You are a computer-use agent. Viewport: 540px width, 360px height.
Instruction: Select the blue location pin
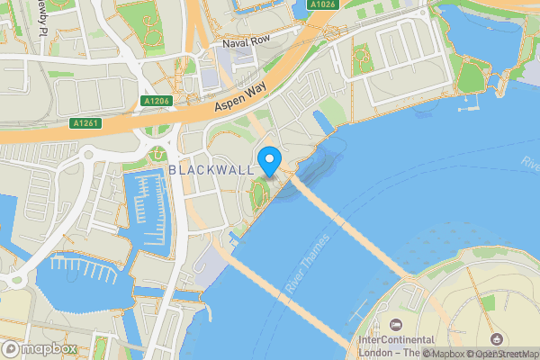point(269,162)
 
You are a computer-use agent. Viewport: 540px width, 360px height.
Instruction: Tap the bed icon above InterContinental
point(395,323)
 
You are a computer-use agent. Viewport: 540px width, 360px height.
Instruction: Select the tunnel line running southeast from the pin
point(351,225)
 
